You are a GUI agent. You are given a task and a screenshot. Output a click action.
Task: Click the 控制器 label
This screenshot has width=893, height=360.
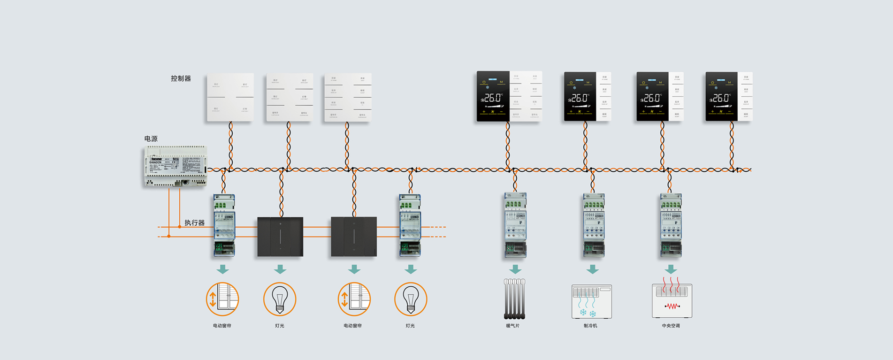[x=181, y=78]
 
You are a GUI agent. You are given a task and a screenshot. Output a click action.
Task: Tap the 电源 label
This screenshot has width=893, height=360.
[x=151, y=139]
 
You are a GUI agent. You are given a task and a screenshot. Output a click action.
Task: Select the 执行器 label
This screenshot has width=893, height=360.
[x=194, y=222]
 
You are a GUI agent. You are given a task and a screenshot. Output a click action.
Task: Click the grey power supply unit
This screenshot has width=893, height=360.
[x=176, y=166]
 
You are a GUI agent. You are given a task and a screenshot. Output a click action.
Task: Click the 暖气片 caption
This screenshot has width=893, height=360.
[x=512, y=326]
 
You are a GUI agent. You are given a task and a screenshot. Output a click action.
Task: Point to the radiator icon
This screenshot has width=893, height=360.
[x=514, y=299]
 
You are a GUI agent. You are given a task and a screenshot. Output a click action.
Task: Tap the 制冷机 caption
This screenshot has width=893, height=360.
[x=590, y=326]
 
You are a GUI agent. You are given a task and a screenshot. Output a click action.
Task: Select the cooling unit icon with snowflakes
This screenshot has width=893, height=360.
[x=591, y=301]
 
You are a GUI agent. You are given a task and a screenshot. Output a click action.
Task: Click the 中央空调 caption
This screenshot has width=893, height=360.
[x=671, y=326]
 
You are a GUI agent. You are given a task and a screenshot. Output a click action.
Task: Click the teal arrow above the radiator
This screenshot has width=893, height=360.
[x=515, y=269]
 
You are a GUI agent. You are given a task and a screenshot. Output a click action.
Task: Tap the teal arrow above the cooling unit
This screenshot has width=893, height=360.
[x=592, y=269]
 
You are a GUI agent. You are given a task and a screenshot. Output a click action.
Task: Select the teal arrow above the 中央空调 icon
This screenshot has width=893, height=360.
[x=671, y=269]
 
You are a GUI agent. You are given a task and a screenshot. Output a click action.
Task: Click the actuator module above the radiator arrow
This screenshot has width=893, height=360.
[x=515, y=225]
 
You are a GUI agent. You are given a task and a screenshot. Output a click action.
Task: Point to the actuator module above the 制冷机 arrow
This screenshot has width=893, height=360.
[x=594, y=225]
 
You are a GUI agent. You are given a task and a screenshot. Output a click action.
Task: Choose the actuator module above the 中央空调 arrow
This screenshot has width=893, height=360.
[x=671, y=225]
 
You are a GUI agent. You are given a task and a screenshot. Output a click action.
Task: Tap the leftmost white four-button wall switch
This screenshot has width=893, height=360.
[x=230, y=97]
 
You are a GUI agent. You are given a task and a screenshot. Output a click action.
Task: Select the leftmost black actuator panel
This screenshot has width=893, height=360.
[x=280, y=237]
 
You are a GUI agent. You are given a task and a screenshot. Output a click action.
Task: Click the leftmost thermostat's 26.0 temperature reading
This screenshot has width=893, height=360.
[x=493, y=98]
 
